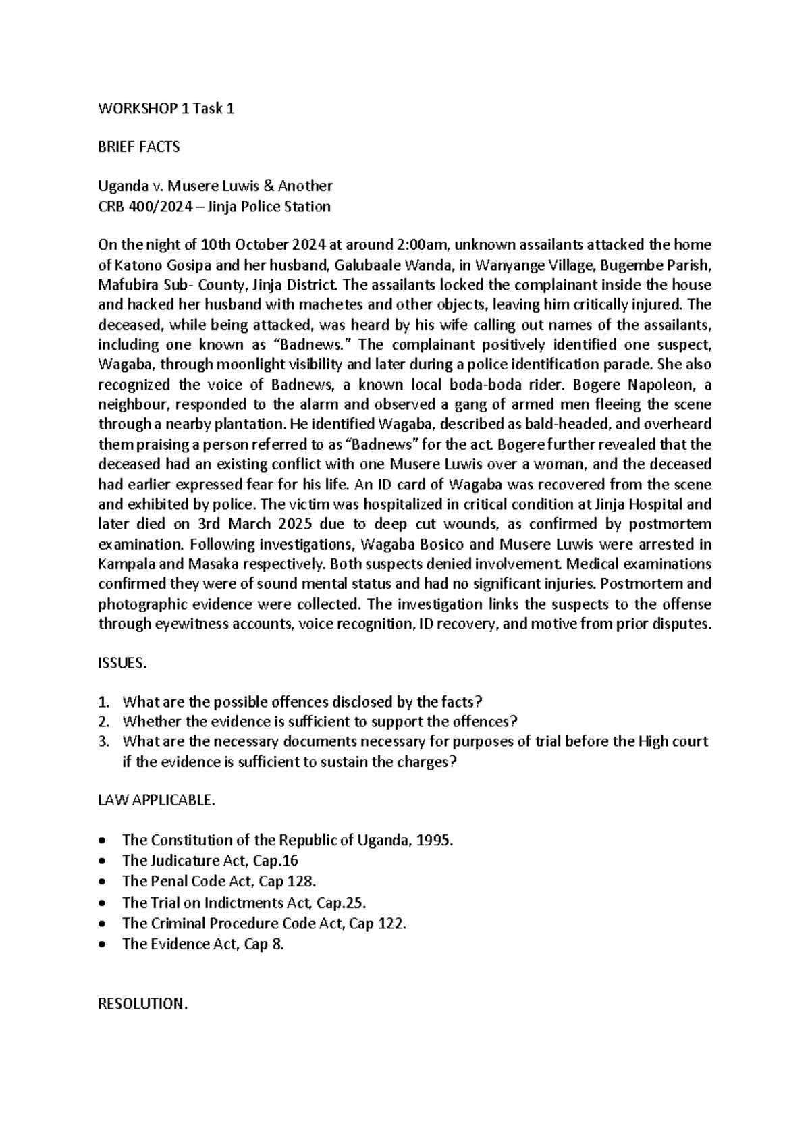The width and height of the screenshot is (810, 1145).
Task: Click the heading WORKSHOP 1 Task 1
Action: (x=166, y=109)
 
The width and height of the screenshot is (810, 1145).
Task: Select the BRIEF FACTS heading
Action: (x=139, y=147)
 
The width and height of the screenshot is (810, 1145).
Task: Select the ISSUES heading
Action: (x=122, y=664)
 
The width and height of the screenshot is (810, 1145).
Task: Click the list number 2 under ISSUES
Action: (x=103, y=721)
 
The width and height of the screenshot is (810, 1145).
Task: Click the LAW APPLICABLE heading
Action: (x=157, y=801)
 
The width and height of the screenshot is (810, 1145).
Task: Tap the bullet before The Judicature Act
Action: (x=101, y=861)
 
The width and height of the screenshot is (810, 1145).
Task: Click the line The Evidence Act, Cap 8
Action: (x=202, y=944)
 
